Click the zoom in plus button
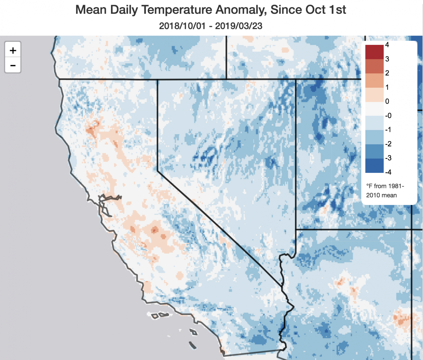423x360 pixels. (x=13, y=50)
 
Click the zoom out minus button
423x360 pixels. (x=13, y=66)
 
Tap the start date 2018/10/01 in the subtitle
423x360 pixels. (x=182, y=26)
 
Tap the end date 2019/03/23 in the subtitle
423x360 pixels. (x=238, y=26)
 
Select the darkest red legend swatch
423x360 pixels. (x=374, y=52)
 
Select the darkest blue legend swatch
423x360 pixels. (x=374, y=166)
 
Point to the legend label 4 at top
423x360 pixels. (x=387, y=45)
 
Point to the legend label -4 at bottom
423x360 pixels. (x=388, y=172)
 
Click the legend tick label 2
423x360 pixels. (x=387, y=73)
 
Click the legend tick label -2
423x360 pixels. (x=388, y=144)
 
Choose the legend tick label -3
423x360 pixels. (x=388, y=158)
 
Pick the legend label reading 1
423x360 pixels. (x=387, y=87)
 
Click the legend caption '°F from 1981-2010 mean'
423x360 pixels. (x=385, y=190)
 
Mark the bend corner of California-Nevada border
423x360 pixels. (x=158, y=171)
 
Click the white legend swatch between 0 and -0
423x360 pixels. (x=374, y=109)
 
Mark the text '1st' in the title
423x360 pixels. (x=337, y=10)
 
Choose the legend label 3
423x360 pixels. (x=387, y=59)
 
